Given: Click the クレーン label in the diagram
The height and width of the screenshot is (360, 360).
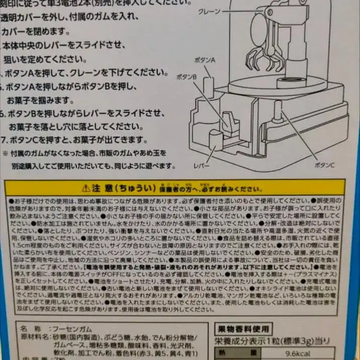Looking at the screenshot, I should point(210,11).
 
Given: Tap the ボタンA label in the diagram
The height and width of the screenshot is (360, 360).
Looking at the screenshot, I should point(205,59).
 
